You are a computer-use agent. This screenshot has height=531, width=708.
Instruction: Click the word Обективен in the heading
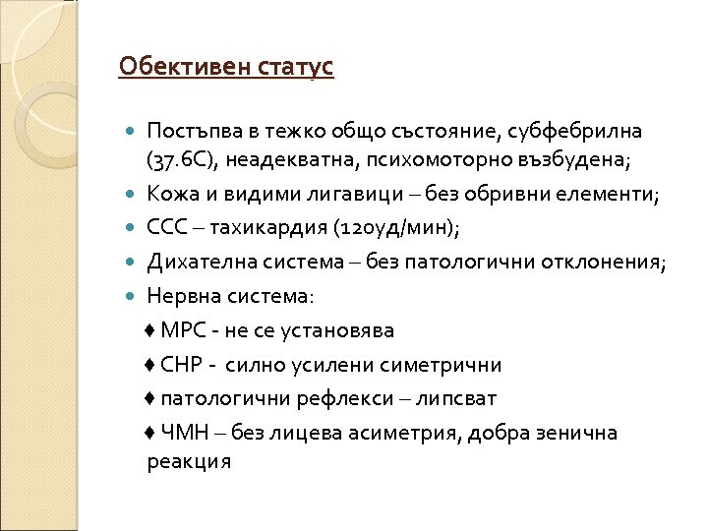pos(182,68)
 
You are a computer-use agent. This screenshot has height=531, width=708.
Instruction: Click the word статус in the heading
pos(294,68)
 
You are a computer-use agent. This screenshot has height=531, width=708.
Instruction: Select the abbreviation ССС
pos(167,229)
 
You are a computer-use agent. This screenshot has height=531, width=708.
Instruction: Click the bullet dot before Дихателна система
pos(134,263)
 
